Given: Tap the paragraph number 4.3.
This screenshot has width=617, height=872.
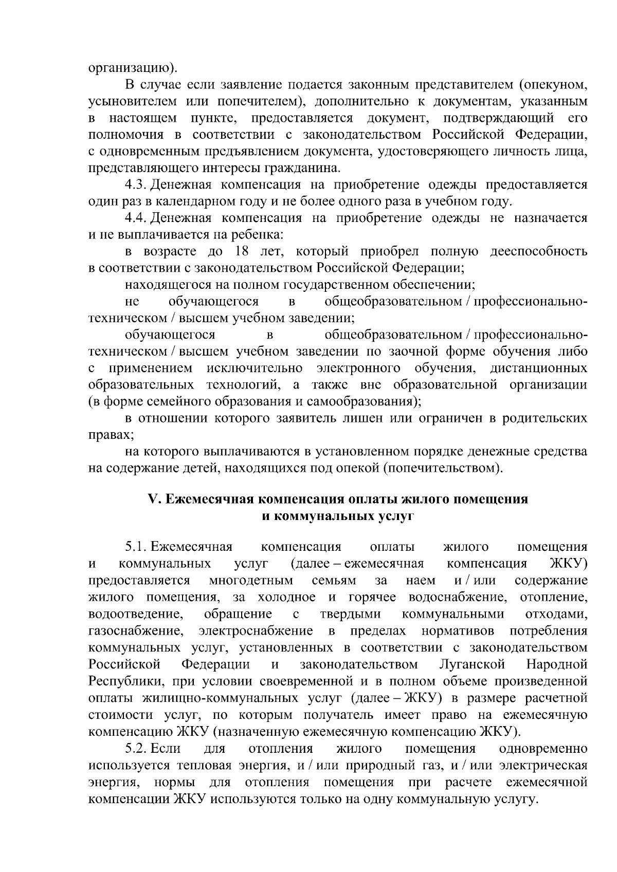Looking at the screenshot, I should coord(136,185).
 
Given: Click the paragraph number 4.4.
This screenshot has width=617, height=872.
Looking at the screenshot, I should coord(136,218).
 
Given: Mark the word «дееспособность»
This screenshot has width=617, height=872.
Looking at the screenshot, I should coord(538,252).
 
